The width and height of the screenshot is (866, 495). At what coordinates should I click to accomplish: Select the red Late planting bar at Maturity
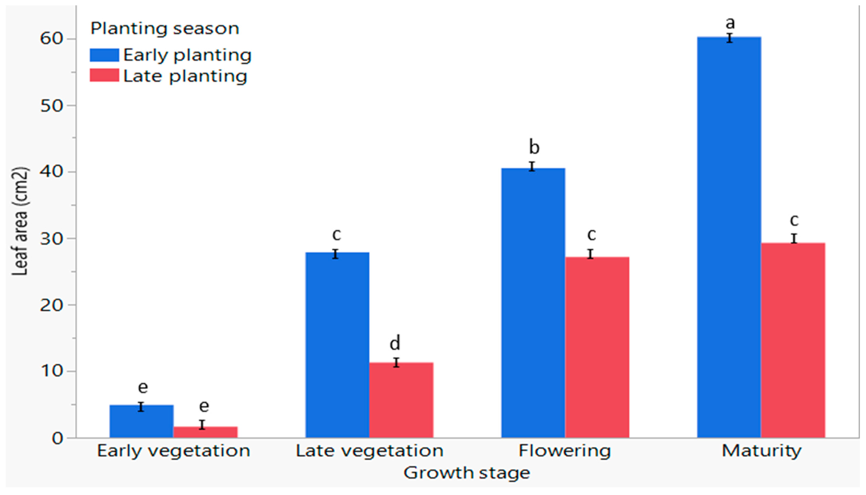pyautogui.click(x=793, y=340)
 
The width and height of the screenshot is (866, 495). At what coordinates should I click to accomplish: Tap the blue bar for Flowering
pyautogui.click(x=533, y=303)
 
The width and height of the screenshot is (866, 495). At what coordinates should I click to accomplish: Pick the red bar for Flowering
pyautogui.click(x=597, y=347)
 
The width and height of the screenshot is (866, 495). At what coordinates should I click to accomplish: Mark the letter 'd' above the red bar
pyautogui.click(x=395, y=343)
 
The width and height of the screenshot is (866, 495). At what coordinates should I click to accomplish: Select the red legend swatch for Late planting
pyautogui.click(x=104, y=75)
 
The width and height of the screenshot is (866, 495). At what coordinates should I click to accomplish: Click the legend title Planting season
pyautogui.click(x=165, y=28)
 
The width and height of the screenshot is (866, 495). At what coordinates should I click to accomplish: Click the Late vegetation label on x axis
pyautogui.click(x=369, y=451)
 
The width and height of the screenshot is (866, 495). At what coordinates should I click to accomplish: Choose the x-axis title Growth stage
pyautogui.click(x=467, y=473)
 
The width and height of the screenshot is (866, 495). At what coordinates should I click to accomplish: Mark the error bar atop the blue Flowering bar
pyautogui.click(x=532, y=166)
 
